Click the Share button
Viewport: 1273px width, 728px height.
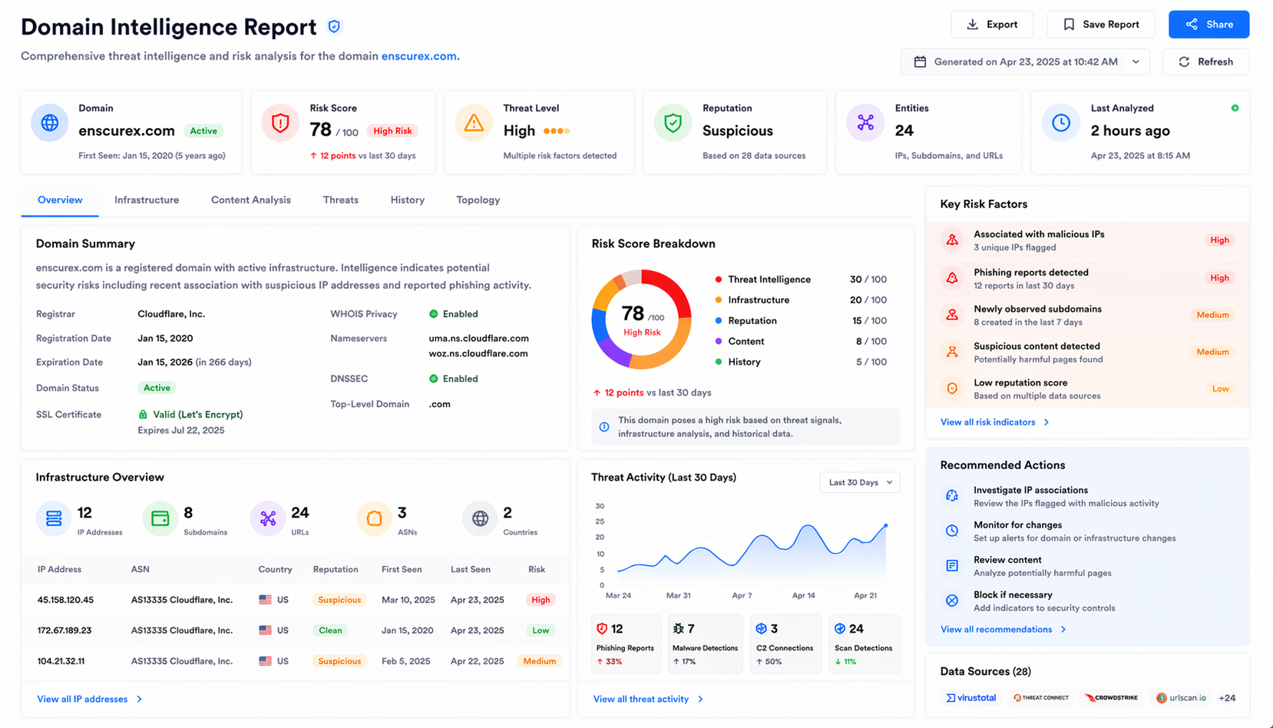[1209, 25]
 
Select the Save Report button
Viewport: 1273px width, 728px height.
[1100, 25]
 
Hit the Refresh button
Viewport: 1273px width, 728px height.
[1205, 61]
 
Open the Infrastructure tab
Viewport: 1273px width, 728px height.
[147, 200]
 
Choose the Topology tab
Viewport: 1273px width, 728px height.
[478, 200]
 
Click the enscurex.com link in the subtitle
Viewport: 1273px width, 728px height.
[419, 56]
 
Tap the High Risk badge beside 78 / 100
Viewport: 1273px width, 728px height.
[392, 131]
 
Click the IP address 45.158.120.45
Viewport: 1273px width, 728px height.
[65, 600]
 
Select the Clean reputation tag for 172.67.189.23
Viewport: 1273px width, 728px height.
[330, 630]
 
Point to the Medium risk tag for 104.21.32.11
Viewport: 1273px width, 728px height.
[539, 661]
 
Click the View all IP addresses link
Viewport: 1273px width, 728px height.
[83, 699]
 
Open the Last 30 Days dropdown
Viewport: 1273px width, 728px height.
[859, 482]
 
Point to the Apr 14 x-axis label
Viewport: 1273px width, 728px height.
[803, 595]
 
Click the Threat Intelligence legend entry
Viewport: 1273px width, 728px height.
[769, 280]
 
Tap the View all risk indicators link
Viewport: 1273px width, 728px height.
[988, 422]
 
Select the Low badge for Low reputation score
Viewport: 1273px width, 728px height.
[1220, 389]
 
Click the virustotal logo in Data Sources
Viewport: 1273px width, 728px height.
[971, 698]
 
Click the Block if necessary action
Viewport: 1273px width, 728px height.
[1013, 595]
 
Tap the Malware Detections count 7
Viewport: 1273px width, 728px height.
[691, 629]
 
